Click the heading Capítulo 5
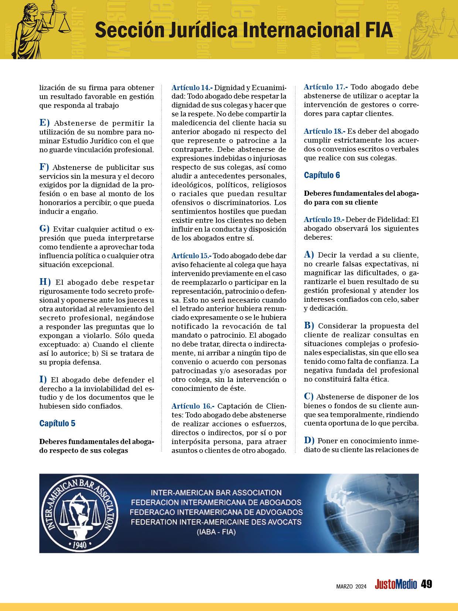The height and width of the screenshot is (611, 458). click(x=57, y=423)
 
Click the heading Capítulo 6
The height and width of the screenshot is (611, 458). click(x=322, y=175)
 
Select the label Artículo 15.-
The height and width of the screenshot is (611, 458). click(x=192, y=256)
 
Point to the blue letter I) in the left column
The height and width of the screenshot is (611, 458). click(x=43, y=379)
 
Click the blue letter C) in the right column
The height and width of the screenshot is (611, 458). click(x=309, y=397)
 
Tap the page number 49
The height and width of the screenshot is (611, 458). click(x=427, y=584)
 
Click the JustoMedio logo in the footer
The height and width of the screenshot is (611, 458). click(x=396, y=585)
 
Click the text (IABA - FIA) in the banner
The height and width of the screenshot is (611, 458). click(x=216, y=532)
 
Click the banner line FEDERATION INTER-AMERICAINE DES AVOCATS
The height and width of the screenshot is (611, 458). click(x=216, y=522)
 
